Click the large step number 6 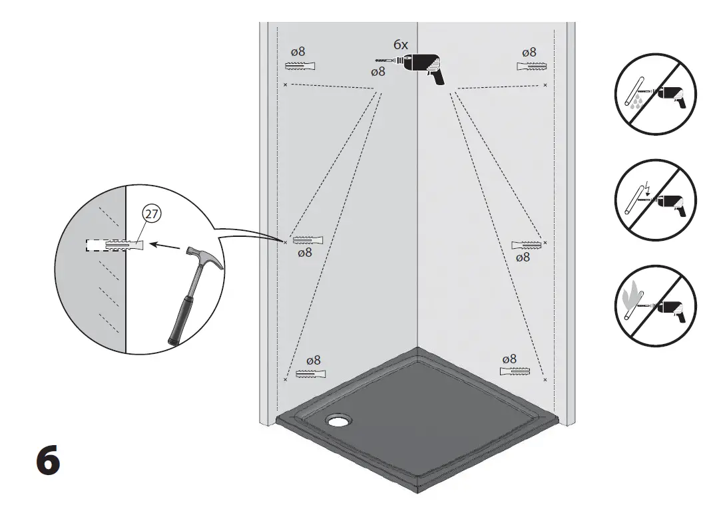[x=47, y=462]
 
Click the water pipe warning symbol [x=655, y=94]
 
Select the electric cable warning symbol [x=655, y=200]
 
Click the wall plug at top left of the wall [x=300, y=66]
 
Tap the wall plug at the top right [x=531, y=66]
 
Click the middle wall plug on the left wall [x=307, y=240]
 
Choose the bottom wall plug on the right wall [x=515, y=371]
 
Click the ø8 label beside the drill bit [x=377, y=72]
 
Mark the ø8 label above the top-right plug [x=529, y=52]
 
